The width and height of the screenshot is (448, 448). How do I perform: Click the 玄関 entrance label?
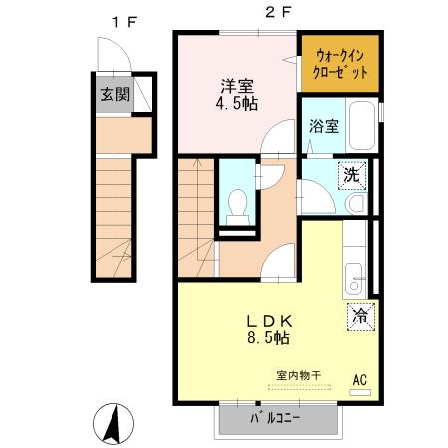(114, 96)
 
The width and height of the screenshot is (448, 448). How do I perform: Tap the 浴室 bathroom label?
(324, 126)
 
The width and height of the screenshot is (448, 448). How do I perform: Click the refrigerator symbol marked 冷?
(359, 316)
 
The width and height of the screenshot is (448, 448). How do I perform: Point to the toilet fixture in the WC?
(236, 206)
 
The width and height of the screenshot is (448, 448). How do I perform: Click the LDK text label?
(269, 321)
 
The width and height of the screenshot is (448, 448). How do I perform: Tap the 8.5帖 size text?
(269, 338)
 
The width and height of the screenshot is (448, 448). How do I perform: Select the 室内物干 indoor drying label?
(299, 375)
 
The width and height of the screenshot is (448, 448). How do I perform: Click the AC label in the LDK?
(360, 379)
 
